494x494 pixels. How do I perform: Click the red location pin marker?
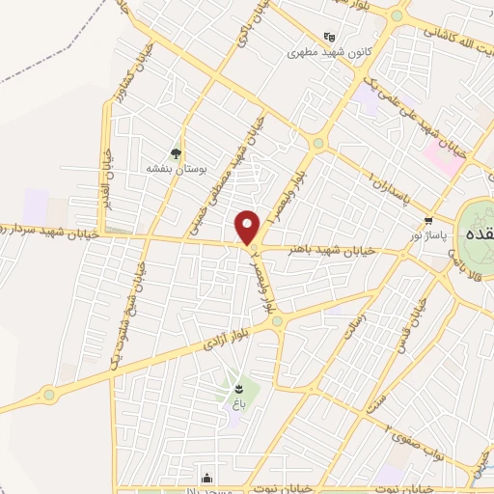(x=248, y=227)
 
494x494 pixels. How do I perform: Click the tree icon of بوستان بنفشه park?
(x=175, y=152)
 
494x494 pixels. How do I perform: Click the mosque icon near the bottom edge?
(x=206, y=477)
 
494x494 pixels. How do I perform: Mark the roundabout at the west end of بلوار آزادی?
(x=47, y=394)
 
